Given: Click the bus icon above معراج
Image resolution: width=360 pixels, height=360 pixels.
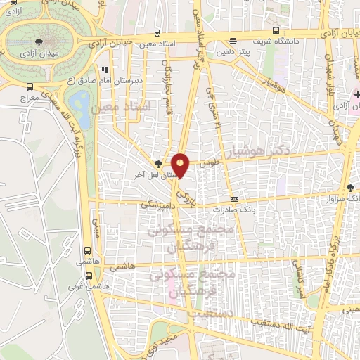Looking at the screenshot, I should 30,86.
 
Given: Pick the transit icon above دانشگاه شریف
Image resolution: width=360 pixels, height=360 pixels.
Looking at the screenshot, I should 275,30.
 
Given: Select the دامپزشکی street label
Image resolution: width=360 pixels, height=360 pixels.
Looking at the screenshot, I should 155,204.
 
